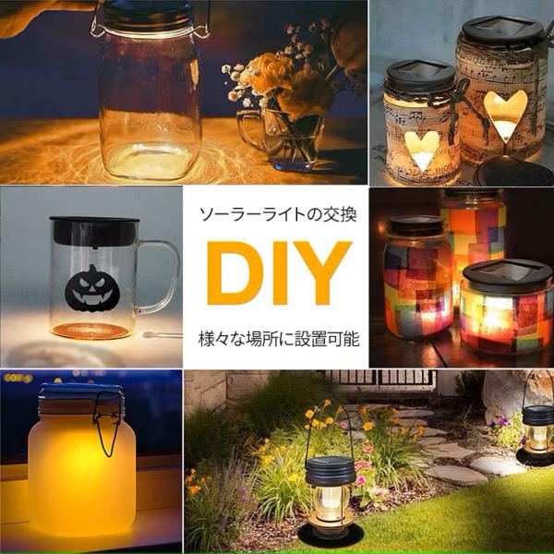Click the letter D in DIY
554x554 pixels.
coord(235,272)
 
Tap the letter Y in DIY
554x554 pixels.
coord(322,272)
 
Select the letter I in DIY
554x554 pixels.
coord(280,272)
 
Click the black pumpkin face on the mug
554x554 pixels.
coord(92,289)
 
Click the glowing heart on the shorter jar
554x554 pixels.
coord(422,150)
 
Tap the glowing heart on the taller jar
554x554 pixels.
coord(505,114)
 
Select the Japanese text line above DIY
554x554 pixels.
coord(278,214)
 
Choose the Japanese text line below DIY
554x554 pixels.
coord(279,339)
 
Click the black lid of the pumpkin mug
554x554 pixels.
coord(94,231)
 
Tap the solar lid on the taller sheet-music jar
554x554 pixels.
coord(502,29)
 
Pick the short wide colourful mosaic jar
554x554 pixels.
coord(507,307)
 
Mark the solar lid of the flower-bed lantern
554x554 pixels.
coord(331,470)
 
